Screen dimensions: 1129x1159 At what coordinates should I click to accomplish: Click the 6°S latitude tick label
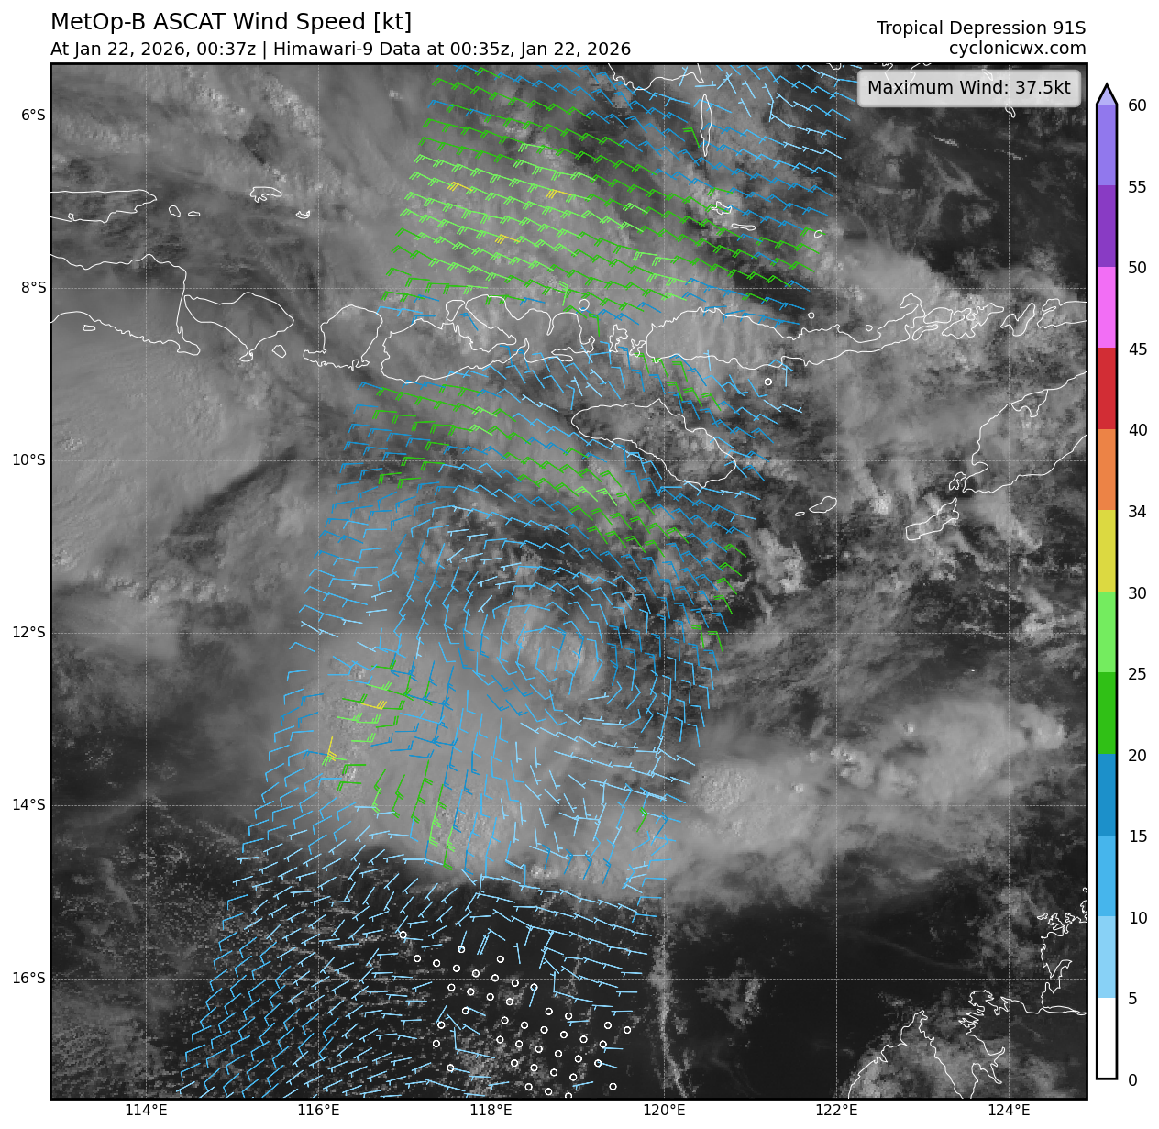[33, 115]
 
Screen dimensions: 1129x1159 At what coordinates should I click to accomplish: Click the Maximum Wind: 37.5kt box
[968, 88]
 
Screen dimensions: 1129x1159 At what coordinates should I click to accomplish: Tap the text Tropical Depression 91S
[980, 28]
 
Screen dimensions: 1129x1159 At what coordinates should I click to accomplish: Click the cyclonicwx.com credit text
[1017, 49]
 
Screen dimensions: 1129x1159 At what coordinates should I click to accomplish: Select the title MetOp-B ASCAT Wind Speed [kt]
[231, 22]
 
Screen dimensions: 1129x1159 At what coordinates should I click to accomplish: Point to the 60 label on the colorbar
[1137, 105]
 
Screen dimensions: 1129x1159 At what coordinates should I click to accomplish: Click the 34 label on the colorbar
[1137, 512]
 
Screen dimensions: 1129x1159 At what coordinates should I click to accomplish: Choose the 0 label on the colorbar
[1132, 1080]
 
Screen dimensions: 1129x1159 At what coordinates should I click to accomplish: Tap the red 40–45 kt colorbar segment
[1107, 388]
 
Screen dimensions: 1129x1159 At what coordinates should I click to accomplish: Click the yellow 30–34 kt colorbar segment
[1107, 550]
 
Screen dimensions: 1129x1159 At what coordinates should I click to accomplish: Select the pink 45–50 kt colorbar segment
[1107, 307]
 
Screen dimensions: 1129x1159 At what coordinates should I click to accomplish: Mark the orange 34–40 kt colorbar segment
[1107, 470]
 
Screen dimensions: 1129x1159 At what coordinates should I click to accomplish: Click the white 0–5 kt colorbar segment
[1107, 1037]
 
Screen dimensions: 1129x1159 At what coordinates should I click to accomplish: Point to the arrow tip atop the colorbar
[1107, 89]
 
